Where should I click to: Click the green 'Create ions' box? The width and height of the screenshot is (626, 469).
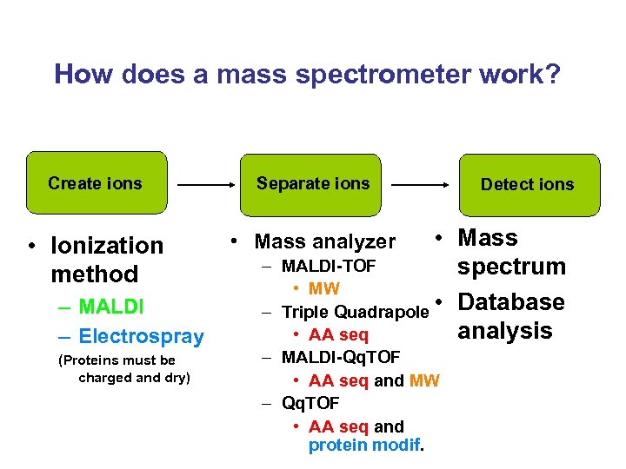(96, 183)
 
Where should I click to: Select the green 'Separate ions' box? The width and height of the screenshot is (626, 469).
(313, 183)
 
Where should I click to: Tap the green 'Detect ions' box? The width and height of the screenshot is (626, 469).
(527, 184)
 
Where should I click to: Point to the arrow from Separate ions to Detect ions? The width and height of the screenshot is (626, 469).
(420, 185)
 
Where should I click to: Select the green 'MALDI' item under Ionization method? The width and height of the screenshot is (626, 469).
(111, 307)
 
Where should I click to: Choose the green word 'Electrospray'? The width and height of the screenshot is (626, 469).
(141, 336)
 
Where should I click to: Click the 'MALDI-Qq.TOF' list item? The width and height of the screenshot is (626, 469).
(341, 357)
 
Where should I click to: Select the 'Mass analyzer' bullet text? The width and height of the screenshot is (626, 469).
(324, 241)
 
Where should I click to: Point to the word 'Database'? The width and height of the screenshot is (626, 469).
(511, 302)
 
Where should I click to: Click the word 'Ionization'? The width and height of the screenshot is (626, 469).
(107, 246)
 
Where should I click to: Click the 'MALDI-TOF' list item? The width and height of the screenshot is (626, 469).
(327, 265)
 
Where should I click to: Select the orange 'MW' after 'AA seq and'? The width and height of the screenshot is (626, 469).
(424, 380)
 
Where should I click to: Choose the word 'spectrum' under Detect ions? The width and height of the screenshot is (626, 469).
(511, 267)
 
